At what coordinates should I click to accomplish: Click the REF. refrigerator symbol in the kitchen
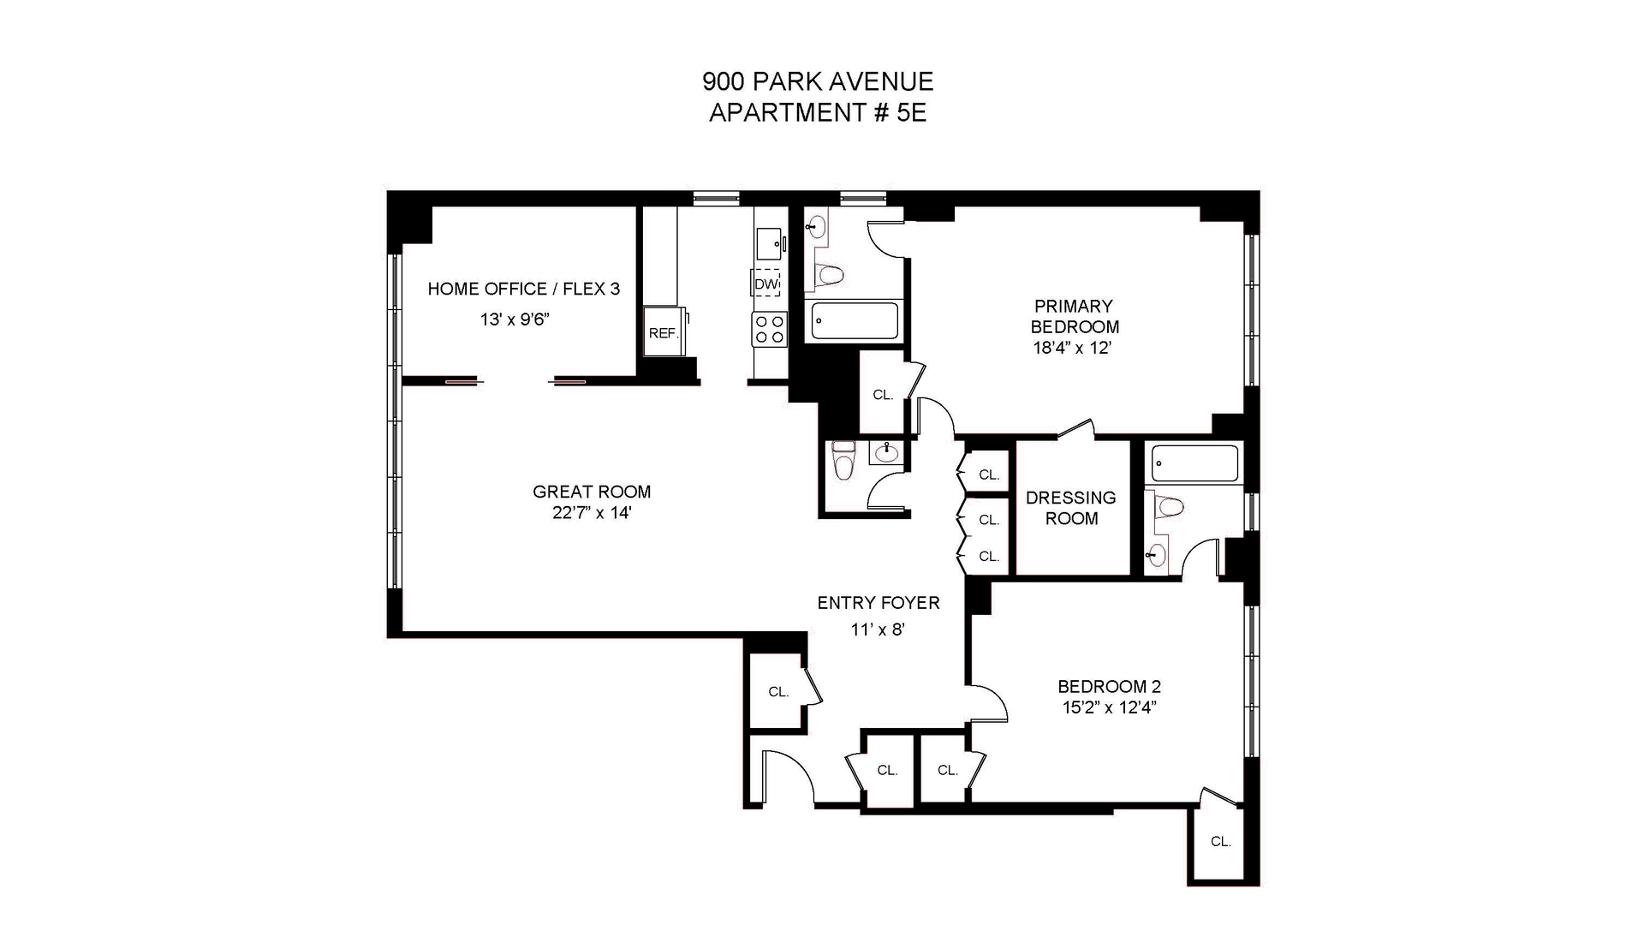click(664, 332)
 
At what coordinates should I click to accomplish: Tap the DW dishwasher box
click(766, 283)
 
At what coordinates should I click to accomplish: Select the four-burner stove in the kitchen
click(769, 329)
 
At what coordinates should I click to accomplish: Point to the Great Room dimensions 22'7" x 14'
click(592, 513)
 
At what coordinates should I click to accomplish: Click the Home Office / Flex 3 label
click(523, 289)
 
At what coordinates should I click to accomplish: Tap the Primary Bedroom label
click(1074, 316)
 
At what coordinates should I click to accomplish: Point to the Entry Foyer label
click(878, 603)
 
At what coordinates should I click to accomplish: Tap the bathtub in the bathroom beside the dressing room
click(1194, 463)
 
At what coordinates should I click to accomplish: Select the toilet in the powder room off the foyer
click(844, 463)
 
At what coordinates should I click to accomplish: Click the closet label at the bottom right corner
click(1220, 842)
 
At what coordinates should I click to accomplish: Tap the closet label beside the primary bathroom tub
click(883, 395)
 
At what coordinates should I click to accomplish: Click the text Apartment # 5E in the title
click(817, 112)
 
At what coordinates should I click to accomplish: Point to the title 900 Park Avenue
click(817, 81)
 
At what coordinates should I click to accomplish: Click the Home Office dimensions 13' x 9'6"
click(514, 319)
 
